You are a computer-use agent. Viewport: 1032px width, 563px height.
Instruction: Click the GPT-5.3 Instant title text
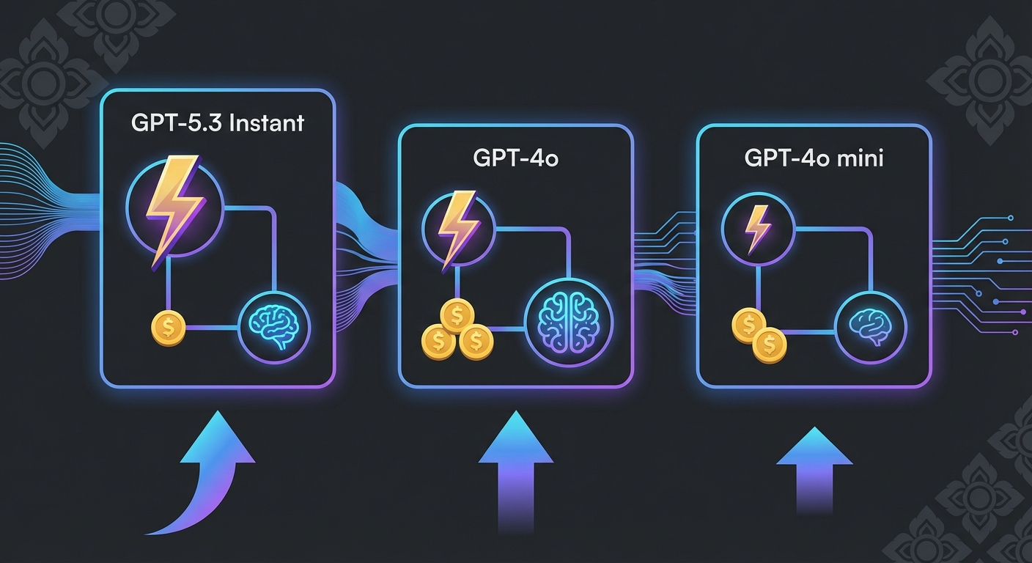[217, 122]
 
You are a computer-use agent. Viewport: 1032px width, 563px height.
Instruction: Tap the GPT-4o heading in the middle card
[515, 158]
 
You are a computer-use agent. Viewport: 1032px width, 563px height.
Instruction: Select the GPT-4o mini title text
[814, 158]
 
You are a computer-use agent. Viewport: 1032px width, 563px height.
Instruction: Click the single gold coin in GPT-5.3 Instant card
[168, 328]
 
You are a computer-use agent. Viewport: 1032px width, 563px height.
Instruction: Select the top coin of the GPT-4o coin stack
[457, 317]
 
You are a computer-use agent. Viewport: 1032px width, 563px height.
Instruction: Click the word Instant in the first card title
[266, 122]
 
